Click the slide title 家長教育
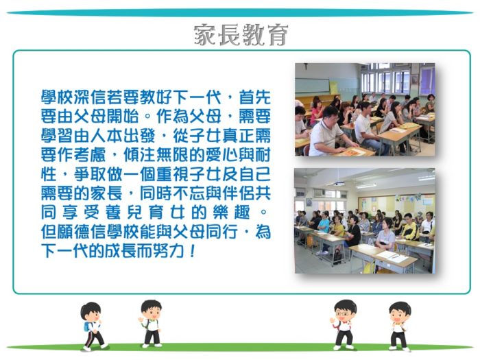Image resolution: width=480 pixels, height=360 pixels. pyautogui.click(x=241, y=35)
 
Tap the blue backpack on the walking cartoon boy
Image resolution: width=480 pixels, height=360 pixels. pyautogui.click(x=87, y=326)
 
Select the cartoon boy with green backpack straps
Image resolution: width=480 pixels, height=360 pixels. pyautogui.click(x=152, y=324)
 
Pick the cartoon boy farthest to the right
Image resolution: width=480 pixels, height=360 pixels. pyautogui.click(x=399, y=326)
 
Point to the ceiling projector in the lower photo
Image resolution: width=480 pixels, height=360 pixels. pyautogui.click(x=339, y=184)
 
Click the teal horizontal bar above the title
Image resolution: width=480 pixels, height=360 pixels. pyautogui.click(x=240, y=13)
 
